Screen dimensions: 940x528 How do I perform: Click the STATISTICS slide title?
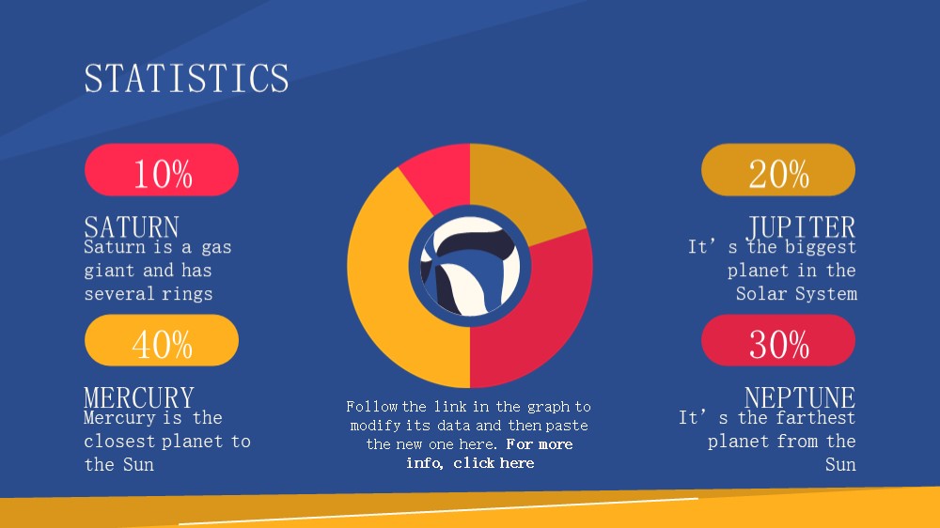[x=186, y=79]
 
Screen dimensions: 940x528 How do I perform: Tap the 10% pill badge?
[x=162, y=170]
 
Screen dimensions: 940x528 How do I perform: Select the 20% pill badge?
[x=778, y=170]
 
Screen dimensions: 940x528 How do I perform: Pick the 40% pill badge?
[x=162, y=340]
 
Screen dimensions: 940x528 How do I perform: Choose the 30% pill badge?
[x=778, y=340]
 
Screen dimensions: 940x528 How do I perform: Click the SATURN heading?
[x=132, y=227]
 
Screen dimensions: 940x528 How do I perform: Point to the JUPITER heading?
[x=802, y=227]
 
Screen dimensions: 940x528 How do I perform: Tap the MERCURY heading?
[x=139, y=397]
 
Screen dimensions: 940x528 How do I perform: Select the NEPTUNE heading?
[x=800, y=397]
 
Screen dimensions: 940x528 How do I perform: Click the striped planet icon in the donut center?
[x=470, y=266]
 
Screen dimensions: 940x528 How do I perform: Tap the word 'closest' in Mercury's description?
[x=120, y=442]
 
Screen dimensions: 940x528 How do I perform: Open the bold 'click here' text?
[x=493, y=463]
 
